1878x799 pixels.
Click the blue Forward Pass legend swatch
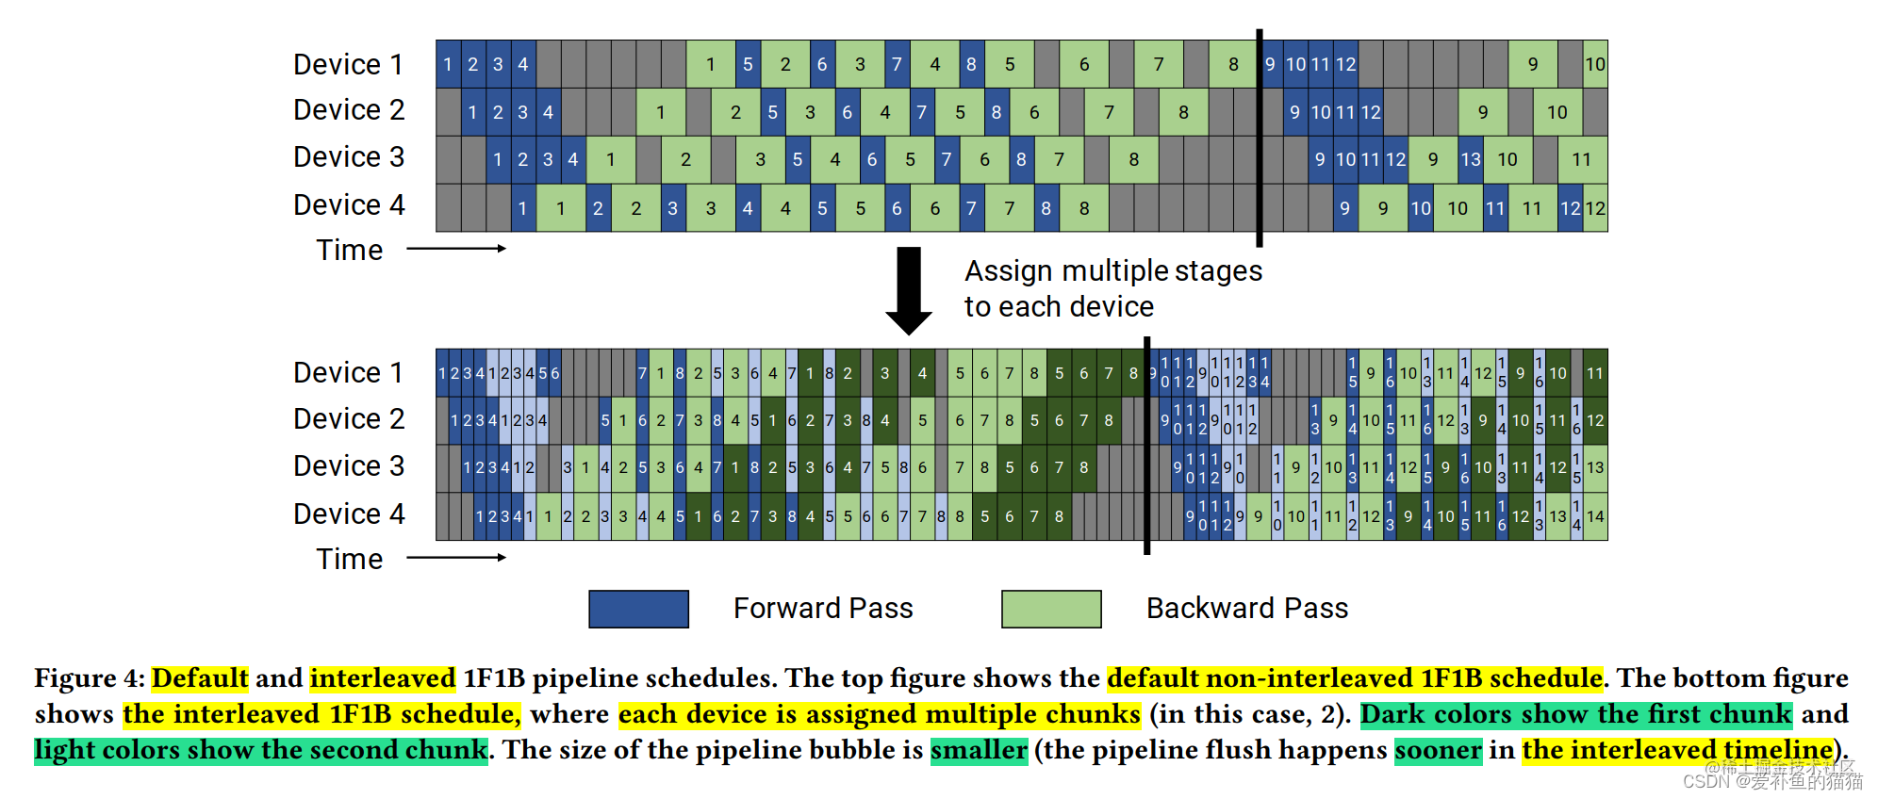click(638, 609)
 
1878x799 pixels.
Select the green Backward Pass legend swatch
click(1051, 609)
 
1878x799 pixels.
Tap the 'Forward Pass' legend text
click(823, 609)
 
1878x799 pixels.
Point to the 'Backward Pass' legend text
click(1246, 609)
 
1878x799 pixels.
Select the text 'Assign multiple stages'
click(1112, 271)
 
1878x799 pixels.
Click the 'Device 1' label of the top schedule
click(348, 65)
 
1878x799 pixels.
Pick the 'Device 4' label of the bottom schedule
click(348, 514)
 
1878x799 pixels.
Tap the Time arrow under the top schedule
click(456, 249)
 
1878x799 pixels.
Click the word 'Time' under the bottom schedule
click(349, 560)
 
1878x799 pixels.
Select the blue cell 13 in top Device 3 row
click(1470, 160)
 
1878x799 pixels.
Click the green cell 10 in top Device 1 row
click(1594, 65)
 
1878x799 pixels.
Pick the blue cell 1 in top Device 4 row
click(523, 208)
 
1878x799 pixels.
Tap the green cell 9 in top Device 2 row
click(1483, 113)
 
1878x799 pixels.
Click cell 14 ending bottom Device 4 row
click(1595, 516)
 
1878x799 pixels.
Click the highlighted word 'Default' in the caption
click(200, 678)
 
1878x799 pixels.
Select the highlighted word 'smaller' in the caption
click(979, 750)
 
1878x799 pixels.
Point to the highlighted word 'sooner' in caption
click(1438, 750)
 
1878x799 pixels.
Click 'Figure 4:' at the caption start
click(89, 678)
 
